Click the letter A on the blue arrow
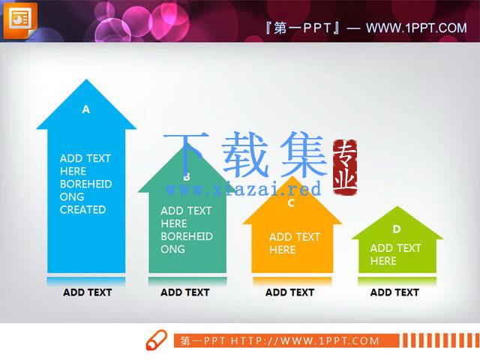click(x=86, y=109)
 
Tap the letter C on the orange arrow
click(x=291, y=202)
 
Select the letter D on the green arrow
click(x=397, y=229)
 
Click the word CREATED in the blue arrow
click(x=82, y=210)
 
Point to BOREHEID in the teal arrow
click(x=187, y=236)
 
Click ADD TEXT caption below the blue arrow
click(x=87, y=292)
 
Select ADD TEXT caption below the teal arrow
click(x=185, y=292)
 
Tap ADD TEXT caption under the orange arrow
click(x=289, y=292)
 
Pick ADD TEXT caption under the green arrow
click(x=394, y=292)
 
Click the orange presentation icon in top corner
click(x=20, y=21)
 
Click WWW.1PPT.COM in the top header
click(x=416, y=28)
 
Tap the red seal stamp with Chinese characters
click(x=345, y=166)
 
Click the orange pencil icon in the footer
click(x=157, y=340)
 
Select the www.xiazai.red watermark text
click(x=243, y=189)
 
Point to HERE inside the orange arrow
click(x=282, y=250)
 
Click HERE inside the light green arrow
click(x=383, y=261)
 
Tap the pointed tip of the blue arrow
click(x=86, y=79)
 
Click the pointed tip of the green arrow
click(x=397, y=207)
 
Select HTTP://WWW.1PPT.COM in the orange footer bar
click(x=305, y=340)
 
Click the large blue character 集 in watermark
click(x=303, y=154)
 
